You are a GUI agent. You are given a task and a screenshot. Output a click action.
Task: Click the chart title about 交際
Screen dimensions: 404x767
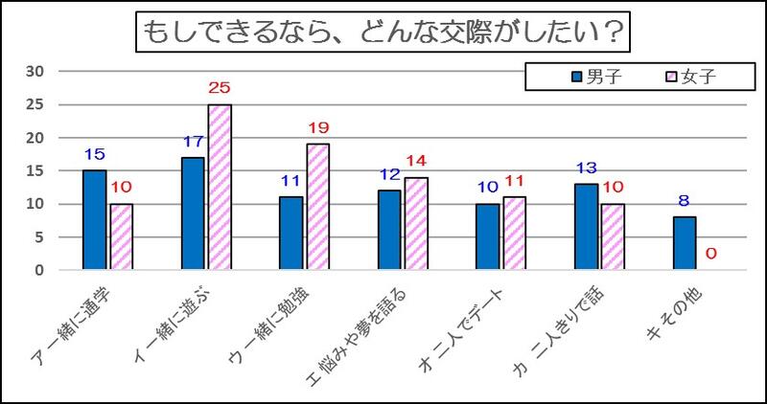[x=383, y=34]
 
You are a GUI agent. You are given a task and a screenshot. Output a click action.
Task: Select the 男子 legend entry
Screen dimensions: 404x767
[x=596, y=77]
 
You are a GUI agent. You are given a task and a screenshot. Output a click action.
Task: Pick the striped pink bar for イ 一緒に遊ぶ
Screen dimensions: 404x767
[x=220, y=188]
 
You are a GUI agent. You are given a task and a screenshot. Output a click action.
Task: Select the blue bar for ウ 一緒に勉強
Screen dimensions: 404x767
[x=291, y=234]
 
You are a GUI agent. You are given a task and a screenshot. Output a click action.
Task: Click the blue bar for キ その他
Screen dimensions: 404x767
[x=685, y=243]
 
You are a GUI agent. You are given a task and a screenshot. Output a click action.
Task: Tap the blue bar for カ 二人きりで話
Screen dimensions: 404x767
[x=586, y=227]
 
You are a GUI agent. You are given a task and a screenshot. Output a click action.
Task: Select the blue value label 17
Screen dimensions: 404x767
[x=193, y=143]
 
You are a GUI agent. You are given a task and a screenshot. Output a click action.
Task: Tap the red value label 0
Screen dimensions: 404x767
[x=711, y=255]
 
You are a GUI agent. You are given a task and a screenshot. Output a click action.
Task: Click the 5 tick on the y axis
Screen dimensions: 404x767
[x=39, y=237]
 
